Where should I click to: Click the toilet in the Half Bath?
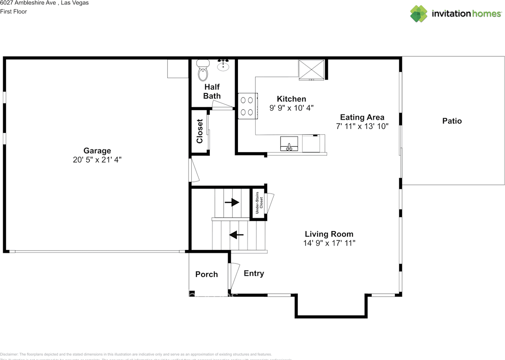(x=202, y=71)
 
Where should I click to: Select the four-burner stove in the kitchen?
(x=247, y=106)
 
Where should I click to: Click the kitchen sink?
(x=289, y=144)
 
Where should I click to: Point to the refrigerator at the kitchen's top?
(x=311, y=70)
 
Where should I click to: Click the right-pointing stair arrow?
(x=232, y=202)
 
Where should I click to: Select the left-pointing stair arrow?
(x=236, y=235)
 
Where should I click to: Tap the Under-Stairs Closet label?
(x=259, y=204)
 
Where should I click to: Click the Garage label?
(x=97, y=151)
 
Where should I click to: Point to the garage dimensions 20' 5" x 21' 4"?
(x=97, y=160)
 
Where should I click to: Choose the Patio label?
(x=452, y=121)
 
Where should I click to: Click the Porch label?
(x=206, y=274)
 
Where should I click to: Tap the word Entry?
(x=254, y=273)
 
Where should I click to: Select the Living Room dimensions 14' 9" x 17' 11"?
(x=329, y=243)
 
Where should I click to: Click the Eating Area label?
(x=362, y=117)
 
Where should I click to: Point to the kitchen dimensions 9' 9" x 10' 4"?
(x=291, y=108)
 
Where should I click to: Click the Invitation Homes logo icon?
(x=419, y=14)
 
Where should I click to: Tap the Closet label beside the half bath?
(x=200, y=131)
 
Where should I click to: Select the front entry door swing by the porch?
(x=234, y=276)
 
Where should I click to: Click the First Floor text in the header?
(x=13, y=11)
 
